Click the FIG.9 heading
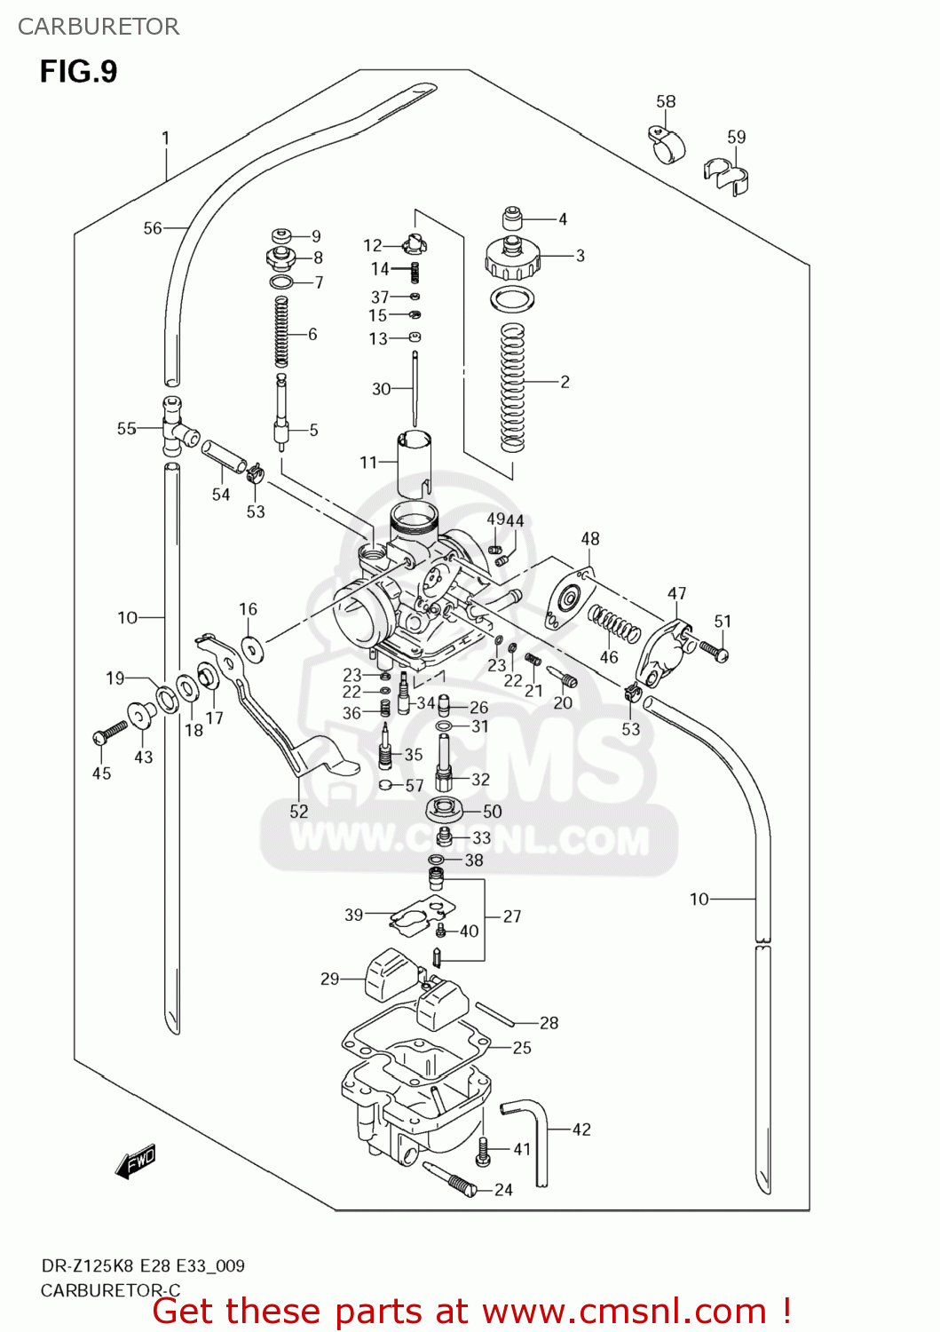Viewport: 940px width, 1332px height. (x=78, y=71)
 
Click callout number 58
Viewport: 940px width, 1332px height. (x=666, y=102)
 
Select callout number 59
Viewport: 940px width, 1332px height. (x=737, y=137)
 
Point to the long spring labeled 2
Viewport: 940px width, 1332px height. (x=513, y=386)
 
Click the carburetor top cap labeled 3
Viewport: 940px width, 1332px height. (x=511, y=258)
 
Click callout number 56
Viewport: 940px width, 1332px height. (x=153, y=228)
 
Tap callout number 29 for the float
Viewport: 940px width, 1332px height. (x=329, y=979)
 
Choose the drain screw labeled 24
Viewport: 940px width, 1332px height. (x=453, y=1178)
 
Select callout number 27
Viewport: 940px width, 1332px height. (x=512, y=916)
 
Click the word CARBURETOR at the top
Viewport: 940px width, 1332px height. (x=99, y=27)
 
